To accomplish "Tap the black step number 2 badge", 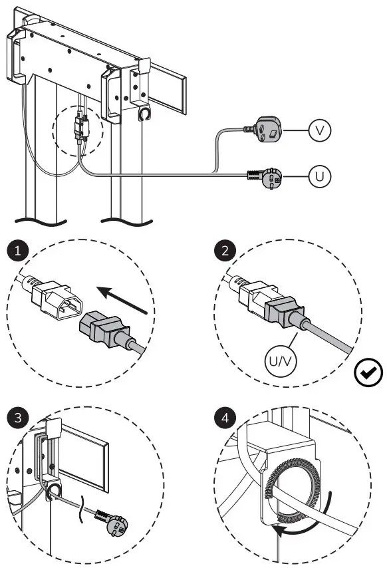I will pyautogui.click(x=224, y=251).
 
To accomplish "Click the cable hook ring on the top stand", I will pyautogui.click(x=144, y=114).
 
